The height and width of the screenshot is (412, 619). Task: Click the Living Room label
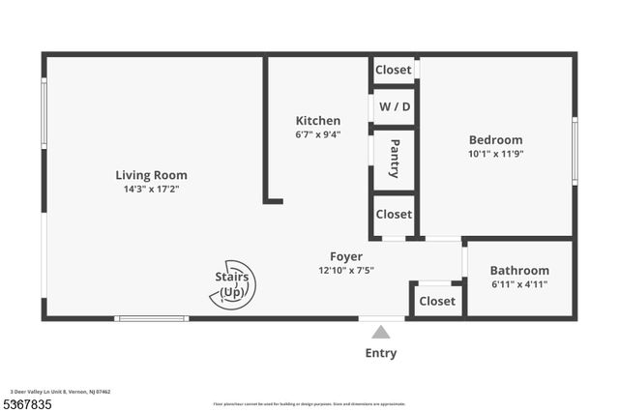click(151, 175)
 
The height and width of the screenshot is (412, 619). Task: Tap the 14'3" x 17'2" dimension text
click(151, 189)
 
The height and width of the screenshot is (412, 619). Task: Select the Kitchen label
click(318, 121)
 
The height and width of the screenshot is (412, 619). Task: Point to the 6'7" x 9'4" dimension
click(318, 134)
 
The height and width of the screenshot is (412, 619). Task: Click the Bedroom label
click(495, 139)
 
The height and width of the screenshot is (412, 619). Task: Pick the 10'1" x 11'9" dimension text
click(495, 153)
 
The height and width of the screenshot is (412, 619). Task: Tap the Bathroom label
click(519, 271)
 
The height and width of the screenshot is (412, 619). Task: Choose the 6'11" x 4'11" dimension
click(519, 284)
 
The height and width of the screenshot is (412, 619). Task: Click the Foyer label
click(346, 256)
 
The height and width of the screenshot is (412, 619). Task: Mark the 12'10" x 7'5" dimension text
click(346, 270)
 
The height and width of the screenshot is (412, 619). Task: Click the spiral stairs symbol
click(232, 284)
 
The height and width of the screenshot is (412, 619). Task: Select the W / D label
click(393, 106)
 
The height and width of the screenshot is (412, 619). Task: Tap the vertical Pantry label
click(395, 159)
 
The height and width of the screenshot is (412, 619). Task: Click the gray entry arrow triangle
click(381, 332)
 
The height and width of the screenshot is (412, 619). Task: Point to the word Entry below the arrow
click(381, 353)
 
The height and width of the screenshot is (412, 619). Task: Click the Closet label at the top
click(393, 70)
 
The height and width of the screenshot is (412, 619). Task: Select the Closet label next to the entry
click(437, 301)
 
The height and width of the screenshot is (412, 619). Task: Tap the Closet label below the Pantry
click(393, 214)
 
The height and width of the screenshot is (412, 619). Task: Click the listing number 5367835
click(27, 403)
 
